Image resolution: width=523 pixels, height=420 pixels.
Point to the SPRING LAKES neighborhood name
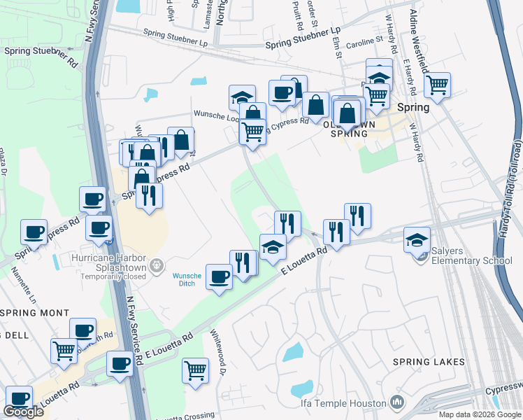pyautogui.click(x=429, y=362)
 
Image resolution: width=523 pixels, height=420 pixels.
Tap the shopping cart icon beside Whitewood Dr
pyautogui.click(x=195, y=369)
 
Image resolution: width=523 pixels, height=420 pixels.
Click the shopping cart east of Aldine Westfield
pyautogui.click(x=437, y=85)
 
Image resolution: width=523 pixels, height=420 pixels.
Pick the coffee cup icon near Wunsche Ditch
pyautogui.click(x=220, y=277)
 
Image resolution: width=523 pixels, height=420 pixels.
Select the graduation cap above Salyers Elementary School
pyautogui.click(x=417, y=239)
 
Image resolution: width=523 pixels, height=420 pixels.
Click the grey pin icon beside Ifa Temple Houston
pyautogui.click(x=398, y=402)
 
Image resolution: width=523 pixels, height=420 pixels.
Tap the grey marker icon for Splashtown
pyautogui.click(x=157, y=265)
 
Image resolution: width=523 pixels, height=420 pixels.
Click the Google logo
pyautogui.click(x=23, y=412)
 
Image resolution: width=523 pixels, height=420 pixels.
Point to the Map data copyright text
pyautogui.click(x=479, y=414)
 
